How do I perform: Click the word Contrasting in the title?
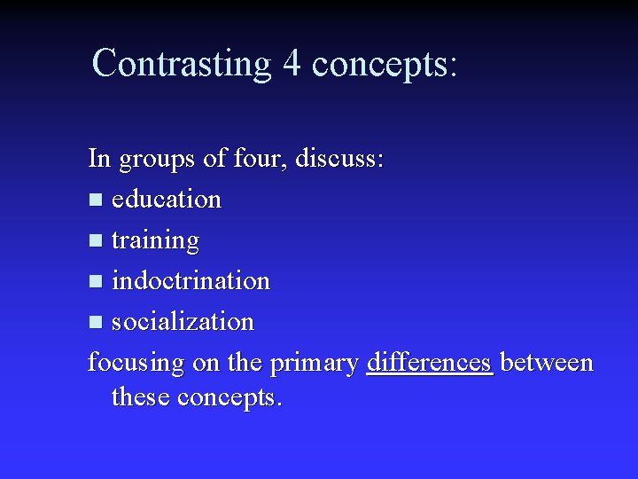pyautogui.click(x=181, y=64)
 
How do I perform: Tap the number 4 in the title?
pyautogui.click(x=292, y=64)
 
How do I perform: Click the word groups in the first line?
pyautogui.click(x=155, y=161)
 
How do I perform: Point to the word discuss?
pyautogui.click(x=339, y=159)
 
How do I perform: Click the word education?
pyautogui.click(x=167, y=200)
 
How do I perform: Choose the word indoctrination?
pyautogui.click(x=191, y=281)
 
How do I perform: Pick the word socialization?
pyautogui.click(x=183, y=322)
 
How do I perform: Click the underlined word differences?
pyautogui.click(x=429, y=363)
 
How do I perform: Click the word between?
pyautogui.click(x=547, y=363)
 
